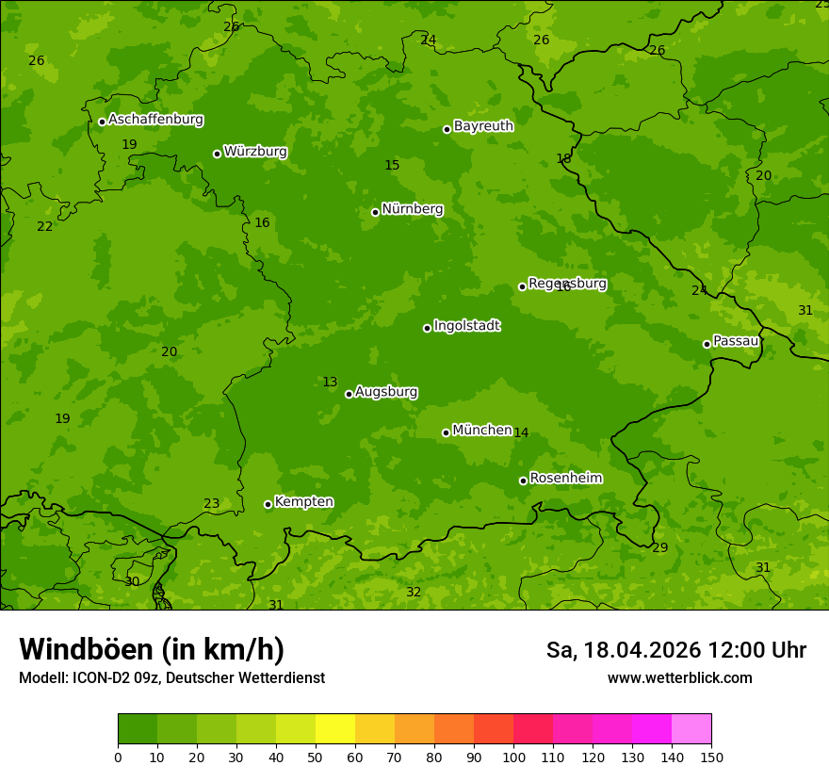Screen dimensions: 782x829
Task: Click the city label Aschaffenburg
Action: [155, 120]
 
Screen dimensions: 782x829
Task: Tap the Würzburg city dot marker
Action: [217, 154]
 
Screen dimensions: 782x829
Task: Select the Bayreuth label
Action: [483, 126]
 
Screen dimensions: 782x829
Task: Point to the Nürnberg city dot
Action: [375, 212]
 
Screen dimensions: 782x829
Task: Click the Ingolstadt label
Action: [466, 326]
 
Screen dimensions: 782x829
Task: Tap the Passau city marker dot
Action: [707, 344]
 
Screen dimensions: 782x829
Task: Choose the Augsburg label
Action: [386, 392]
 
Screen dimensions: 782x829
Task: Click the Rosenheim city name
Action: [565, 479]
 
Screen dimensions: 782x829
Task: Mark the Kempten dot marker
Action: [268, 504]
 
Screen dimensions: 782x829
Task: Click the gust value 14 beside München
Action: [521, 432]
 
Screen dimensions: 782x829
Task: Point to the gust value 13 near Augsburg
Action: [330, 382]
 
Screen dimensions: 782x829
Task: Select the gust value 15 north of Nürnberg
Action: [392, 165]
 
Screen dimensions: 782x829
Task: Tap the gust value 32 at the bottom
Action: [414, 592]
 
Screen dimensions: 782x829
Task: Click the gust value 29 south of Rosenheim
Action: [659, 547]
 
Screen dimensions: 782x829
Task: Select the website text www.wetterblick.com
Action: [679, 677]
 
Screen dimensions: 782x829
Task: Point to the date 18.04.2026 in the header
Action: [642, 650]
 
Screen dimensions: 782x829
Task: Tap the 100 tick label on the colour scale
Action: [513, 757]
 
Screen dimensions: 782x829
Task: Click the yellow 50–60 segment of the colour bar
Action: [335, 729]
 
